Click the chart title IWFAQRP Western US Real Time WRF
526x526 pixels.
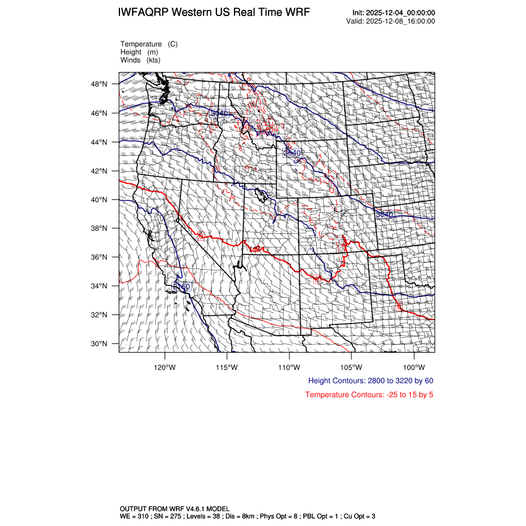[214, 13]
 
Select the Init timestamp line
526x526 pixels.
[394, 13]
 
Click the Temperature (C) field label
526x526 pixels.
[149, 45]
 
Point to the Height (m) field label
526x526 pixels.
[139, 53]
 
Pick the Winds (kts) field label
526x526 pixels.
[140, 61]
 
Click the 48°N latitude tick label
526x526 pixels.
[100, 84]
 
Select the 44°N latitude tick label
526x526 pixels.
[100, 142]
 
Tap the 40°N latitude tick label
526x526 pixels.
[100, 200]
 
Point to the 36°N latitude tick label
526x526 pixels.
[100, 257]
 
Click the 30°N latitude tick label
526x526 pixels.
[100, 344]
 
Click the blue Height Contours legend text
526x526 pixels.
[370, 381]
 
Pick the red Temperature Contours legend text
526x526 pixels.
[369, 395]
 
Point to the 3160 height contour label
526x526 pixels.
[181, 288]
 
